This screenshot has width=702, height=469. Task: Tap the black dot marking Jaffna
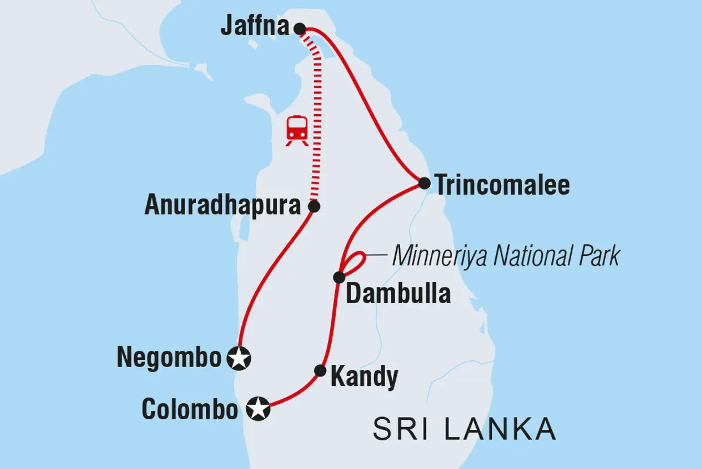pos(300,28)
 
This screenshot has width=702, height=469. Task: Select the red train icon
pos(297,130)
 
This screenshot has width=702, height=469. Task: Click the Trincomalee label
pos(502,185)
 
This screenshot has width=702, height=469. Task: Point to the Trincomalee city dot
pos(424,183)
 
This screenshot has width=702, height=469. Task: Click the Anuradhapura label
pos(222,206)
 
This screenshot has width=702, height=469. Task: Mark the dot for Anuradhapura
pos(314,206)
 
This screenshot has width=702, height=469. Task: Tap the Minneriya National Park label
pos(506,256)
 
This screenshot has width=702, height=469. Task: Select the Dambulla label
pos(398,294)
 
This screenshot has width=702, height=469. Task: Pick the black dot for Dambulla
pos(339,277)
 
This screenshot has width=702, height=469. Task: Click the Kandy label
pos(364,377)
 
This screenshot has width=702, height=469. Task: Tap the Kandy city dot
pos(320,371)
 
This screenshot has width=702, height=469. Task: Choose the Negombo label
pos(169,358)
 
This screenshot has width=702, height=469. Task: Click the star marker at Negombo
pos(239,358)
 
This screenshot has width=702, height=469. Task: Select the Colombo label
pos(190,409)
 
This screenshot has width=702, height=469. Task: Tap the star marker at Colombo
pos(258,408)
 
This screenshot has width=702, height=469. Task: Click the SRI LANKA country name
pos(464,429)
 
